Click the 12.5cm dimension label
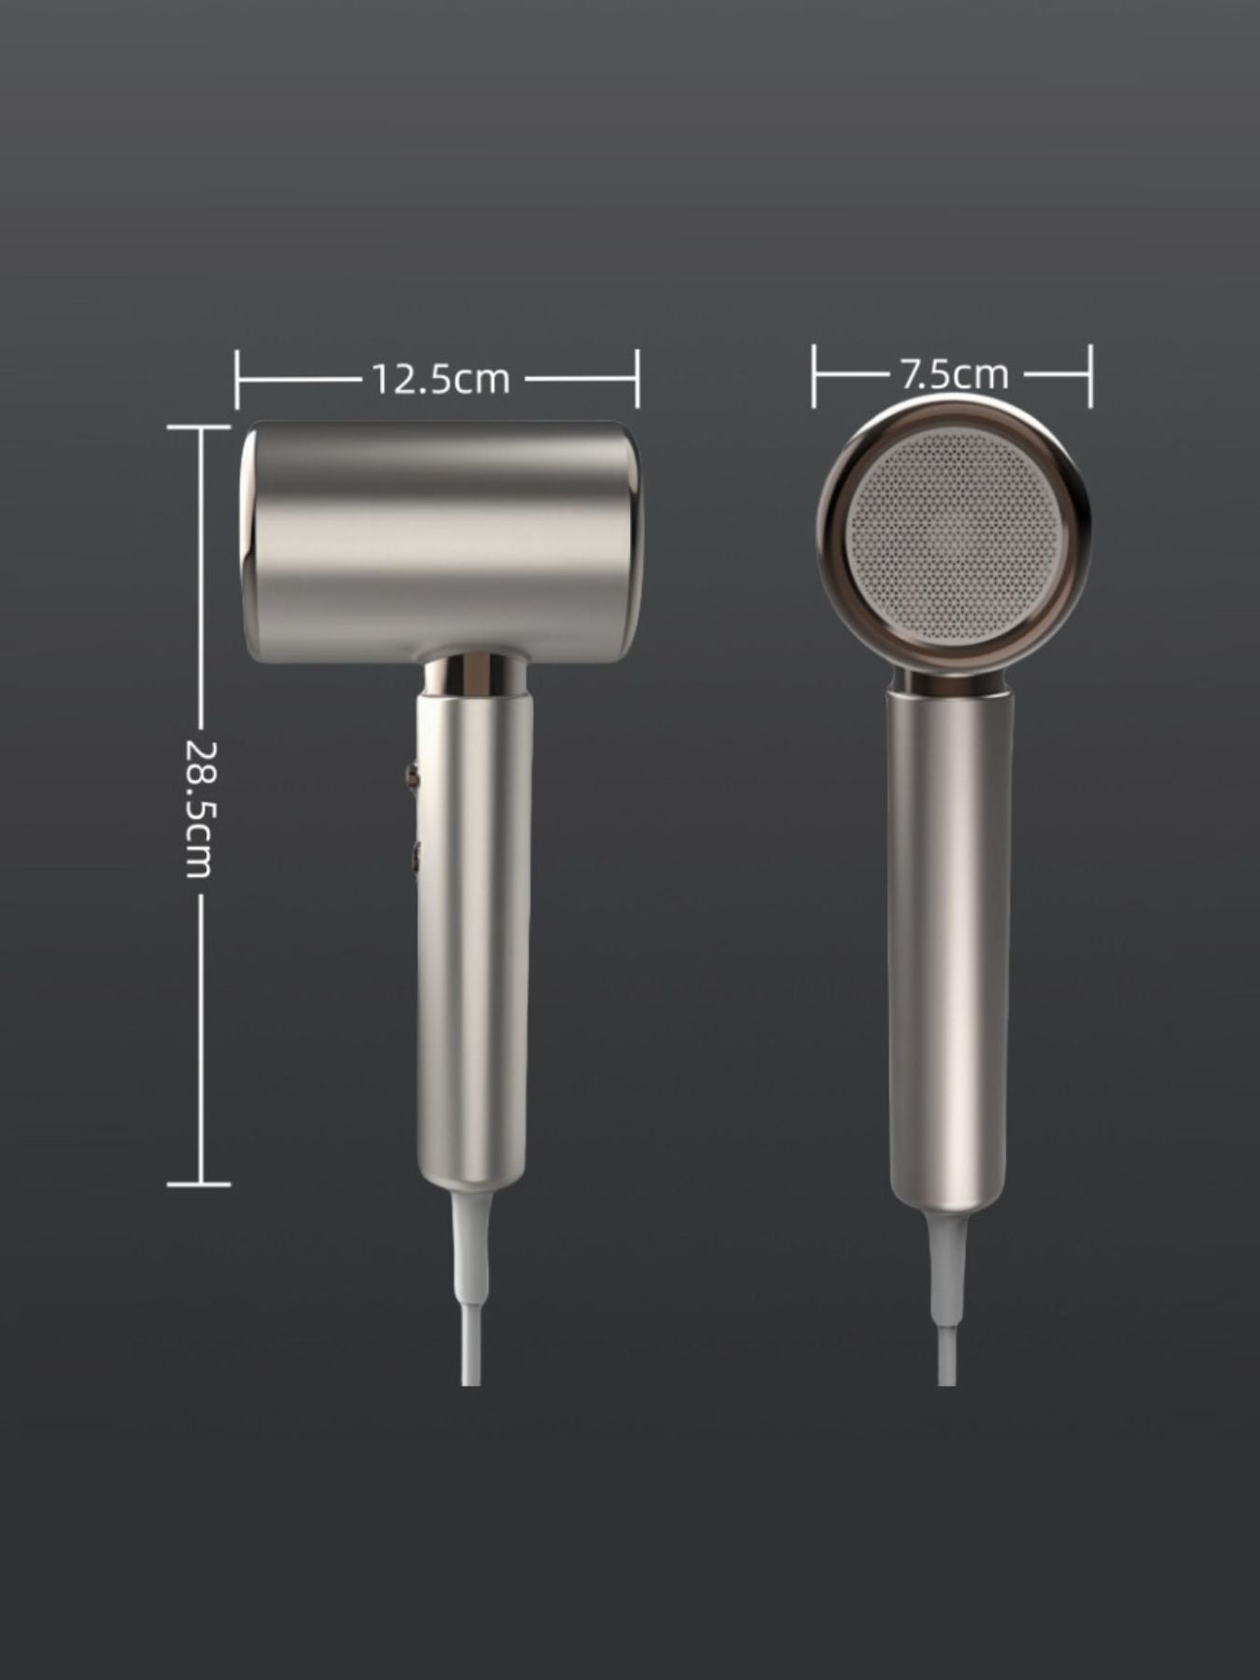(x=441, y=379)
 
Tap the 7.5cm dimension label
(x=954, y=374)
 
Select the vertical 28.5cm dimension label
(x=199, y=808)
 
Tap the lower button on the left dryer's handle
(x=412, y=853)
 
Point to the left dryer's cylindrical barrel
(x=440, y=542)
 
